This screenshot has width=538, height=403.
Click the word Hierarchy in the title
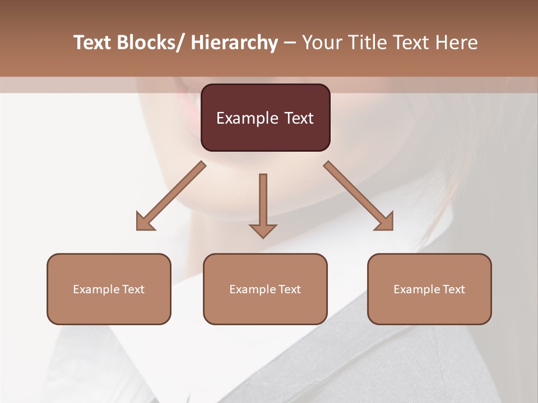pyautogui.click(x=234, y=43)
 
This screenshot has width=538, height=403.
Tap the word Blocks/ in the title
pyautogui.click(x=151, y=43)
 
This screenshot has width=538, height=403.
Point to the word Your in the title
pyautogui.click(x=322, y=43)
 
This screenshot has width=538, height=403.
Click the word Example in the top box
pyautogui.click(x=247, y=118)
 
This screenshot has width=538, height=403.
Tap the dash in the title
pyautogui.click(x=290, y=43)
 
